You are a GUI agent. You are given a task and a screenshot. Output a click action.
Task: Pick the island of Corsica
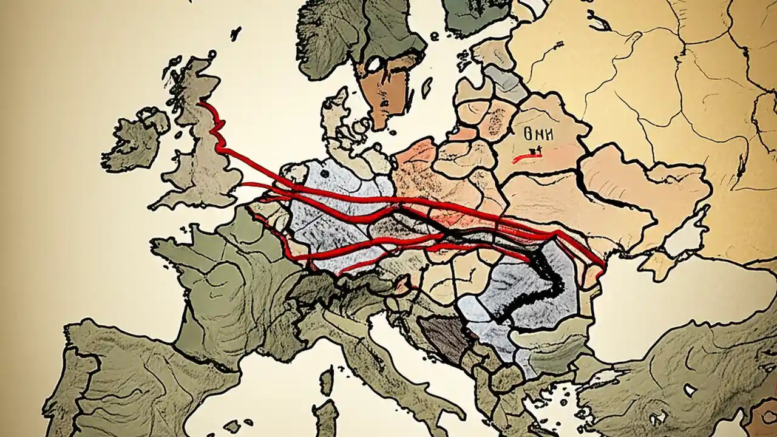coord(327,381)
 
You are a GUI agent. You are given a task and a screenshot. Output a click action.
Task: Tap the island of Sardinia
coord(327,419)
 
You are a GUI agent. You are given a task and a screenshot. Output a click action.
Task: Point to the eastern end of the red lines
coord(603,264)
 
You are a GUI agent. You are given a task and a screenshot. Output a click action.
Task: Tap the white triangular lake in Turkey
coord(689,389)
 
